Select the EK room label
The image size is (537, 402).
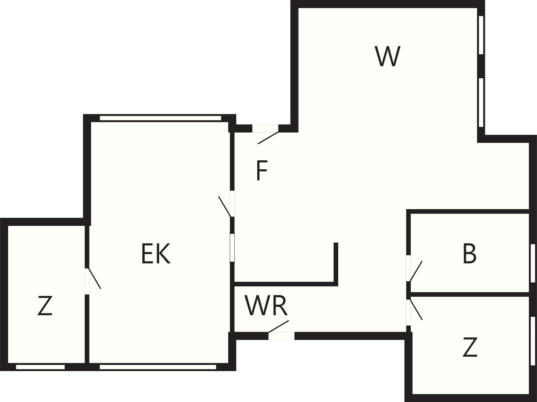156,253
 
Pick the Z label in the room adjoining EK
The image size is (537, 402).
45,306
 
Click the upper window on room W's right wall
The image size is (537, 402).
481,35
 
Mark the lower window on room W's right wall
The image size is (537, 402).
481,102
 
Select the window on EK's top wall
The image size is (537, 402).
160,118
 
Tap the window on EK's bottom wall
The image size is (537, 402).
158,367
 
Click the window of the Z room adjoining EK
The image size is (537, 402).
40,367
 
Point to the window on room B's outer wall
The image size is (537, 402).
533,263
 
